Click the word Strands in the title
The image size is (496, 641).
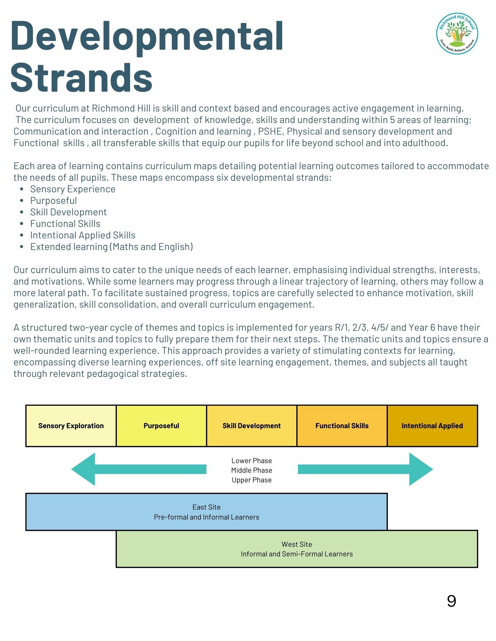(82, 78)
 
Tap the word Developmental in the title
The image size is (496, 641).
(147, 36)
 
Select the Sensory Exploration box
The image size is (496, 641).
(71, 426)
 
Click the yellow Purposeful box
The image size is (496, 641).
(161, 426)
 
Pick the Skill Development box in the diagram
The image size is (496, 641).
(251, 426)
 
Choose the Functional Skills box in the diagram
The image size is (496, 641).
(342, 426)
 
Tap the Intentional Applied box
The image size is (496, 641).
(432, 426)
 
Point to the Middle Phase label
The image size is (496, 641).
(252, 470)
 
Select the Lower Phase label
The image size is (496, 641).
(252, 461)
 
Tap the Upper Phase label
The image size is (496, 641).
(252, 480)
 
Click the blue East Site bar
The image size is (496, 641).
(206, 512)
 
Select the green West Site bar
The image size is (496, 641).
(297, 549)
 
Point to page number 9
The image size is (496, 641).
(451, 601)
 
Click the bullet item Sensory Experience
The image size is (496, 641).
(73, 189)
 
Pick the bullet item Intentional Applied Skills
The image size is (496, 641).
(83, 235)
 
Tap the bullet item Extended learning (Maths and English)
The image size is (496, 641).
(111, 247)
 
